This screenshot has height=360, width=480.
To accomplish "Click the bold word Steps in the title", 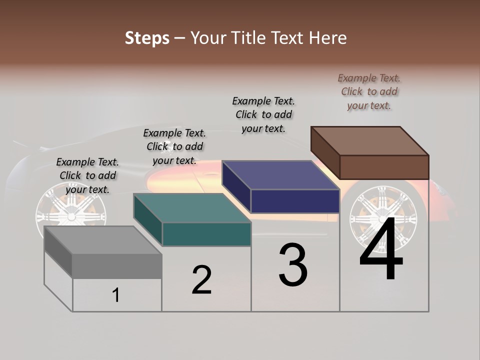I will click(x=146, y=38).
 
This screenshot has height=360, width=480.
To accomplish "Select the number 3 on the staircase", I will click(x=292, y=265).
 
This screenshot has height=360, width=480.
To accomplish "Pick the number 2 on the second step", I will click(x=201, y=280).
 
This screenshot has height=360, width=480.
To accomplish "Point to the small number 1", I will click(x=115, y=295).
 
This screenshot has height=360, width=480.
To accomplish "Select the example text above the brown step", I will click(x=369, y=91).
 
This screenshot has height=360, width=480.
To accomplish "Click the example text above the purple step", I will click(x=263, y=114).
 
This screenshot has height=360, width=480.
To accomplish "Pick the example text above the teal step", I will click(x=174, y=146).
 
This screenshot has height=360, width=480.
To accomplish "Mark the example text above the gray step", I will click(x=87, y=175).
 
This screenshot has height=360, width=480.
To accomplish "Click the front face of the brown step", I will click(x=384, y=167).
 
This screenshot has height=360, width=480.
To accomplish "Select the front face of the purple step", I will click(x=295, y=201).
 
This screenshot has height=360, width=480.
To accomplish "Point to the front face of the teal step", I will click(x=206, y=234).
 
